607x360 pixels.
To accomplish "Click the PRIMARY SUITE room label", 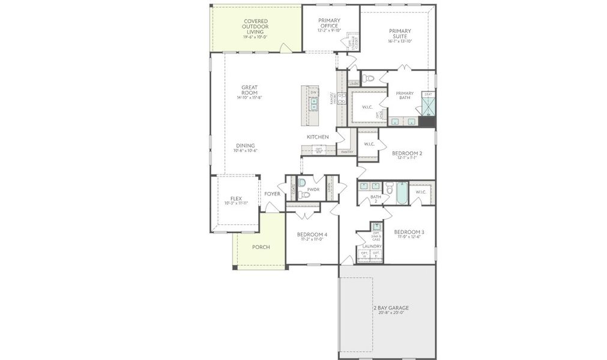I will tap(400, 34).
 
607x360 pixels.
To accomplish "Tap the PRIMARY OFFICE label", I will tap(329, 23).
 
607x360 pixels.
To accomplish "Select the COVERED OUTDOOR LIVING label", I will tap(255, 27).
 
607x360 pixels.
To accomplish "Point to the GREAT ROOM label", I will tap(249, 90).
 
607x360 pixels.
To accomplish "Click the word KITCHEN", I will tap(318, 137).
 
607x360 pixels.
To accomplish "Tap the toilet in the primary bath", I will tap(369, 78).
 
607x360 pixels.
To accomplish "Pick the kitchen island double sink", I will tap(313, 104).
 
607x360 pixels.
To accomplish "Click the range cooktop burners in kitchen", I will tap(342, 99).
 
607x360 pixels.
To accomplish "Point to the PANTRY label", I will tap(346, 152).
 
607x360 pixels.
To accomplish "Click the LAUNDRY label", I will tap(372, 246).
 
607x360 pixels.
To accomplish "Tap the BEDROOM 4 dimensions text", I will tap(312, 239).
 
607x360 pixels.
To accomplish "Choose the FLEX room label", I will tap(236, 199).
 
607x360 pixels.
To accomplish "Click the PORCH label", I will tap(261, 247).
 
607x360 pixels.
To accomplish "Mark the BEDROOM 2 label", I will tap(407, 153).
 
